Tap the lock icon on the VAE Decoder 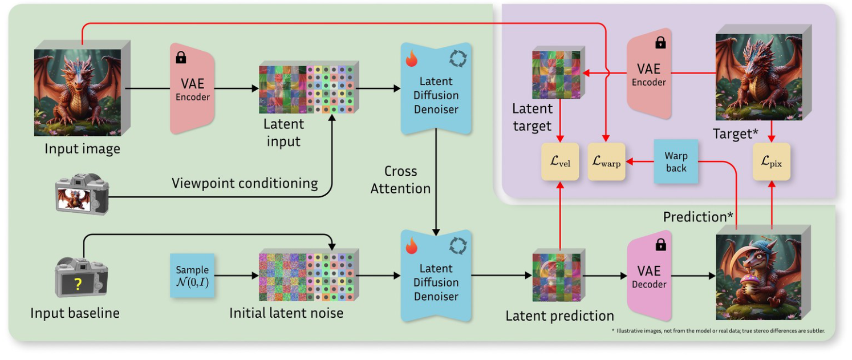[660, 245]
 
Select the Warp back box [676, 162]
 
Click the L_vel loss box [560, 162]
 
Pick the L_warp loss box [606, 162]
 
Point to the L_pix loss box [771, 162]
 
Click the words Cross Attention [400, 180]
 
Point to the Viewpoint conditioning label [245, 183]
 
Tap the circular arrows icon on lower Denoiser [458, 246]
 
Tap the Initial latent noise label [286, 313]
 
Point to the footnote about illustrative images [717, 331]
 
